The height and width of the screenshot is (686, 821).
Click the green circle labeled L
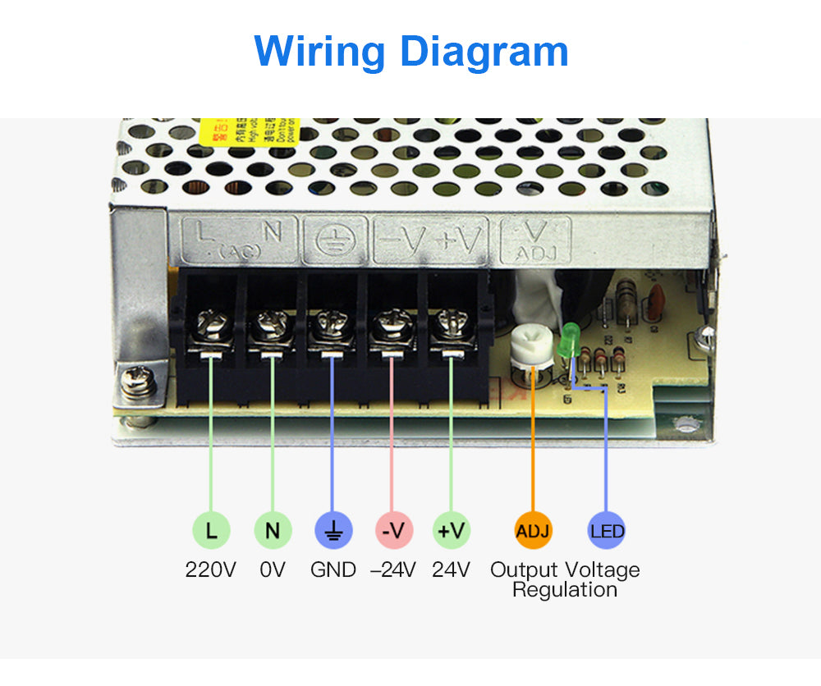click(212, 530)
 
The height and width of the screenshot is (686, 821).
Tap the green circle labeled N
click(273, 530)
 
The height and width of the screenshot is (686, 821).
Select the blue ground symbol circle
click(333, 530)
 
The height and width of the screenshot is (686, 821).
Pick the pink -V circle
click(394, 530)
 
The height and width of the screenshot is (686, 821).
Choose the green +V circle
click(452, 530)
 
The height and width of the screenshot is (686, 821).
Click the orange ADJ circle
click(533, 530)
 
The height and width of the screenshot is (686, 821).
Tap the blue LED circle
click(607, 530)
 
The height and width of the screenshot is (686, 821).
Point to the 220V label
click(211, 569)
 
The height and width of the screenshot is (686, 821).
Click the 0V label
click(273, 569)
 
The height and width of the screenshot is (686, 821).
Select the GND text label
click(333, 569)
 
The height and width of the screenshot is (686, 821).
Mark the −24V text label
click(393, 569)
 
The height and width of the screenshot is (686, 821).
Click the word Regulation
click(565, 590)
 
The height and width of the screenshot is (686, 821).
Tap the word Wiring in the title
click(319, 51)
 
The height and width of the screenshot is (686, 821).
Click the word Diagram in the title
click(484, 51)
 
